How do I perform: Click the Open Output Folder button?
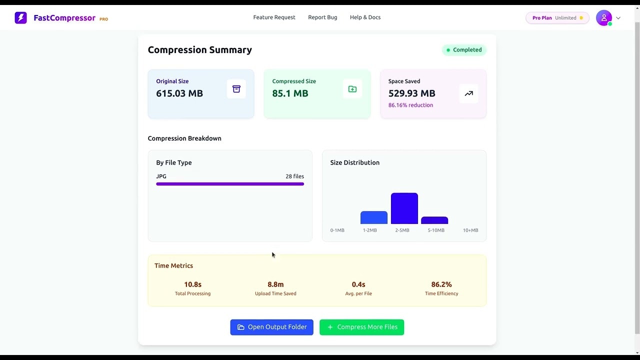click(271, 327)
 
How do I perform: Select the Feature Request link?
click(274, 17)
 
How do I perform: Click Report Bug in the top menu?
click(322, 17)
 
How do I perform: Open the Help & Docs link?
click(365, 17)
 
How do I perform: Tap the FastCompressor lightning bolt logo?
click(20, 18)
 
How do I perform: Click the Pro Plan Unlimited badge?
click(557, 18)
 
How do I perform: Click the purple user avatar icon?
click(603, 18)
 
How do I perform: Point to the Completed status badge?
click(464, 50)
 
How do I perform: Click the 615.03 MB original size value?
click(179, 93)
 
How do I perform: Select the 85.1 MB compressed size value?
click(290, 93)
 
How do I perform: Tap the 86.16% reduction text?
click(410, 105)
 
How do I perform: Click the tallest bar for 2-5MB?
click(404, 208)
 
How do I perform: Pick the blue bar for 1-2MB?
click(373, 218)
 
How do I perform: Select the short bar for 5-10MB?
click(434, 220)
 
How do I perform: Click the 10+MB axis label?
click(470, 230)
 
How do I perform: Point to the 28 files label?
click(294, 176)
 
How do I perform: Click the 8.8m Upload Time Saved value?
click(275, 284)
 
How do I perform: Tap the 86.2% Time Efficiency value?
click(441, 284)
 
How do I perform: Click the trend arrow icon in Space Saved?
click(468, 93)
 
